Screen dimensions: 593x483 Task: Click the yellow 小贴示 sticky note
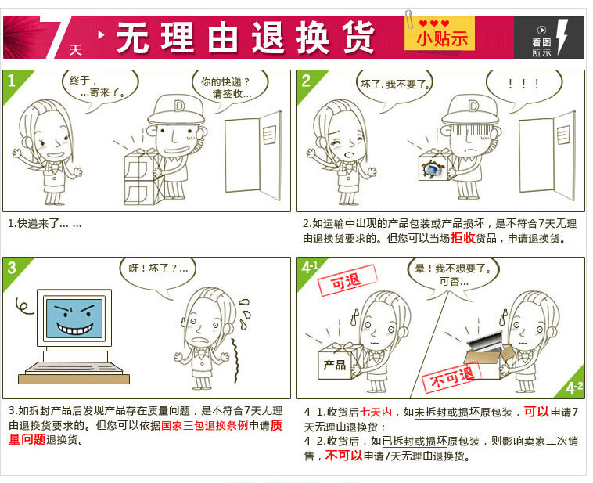pyautogui.click(x=440, y=34)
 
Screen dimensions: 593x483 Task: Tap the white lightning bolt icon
pyautogui.click(x=562, y=37)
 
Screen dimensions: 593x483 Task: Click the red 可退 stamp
pyautogui.click(x=347, y=280)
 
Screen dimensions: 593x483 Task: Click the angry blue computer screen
pyautogui.click(x=74, y=318)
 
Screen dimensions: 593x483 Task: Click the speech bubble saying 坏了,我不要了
pyautogui.click(x=395, y=86)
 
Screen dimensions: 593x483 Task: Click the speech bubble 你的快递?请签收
pyautogui.click(x=230, y=87)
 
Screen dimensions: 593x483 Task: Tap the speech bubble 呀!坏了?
pyautogui.click(x=158, y=271)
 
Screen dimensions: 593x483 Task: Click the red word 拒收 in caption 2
pyautogui.click(x=462, y=238)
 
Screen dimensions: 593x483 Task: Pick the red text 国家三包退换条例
pyautogui.click(x=205, y=426)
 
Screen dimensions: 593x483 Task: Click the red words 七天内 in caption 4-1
pyautogui.click(x=376, y=412)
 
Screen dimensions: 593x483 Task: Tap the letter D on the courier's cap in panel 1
pyautogui.click(x=179, y=106)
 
